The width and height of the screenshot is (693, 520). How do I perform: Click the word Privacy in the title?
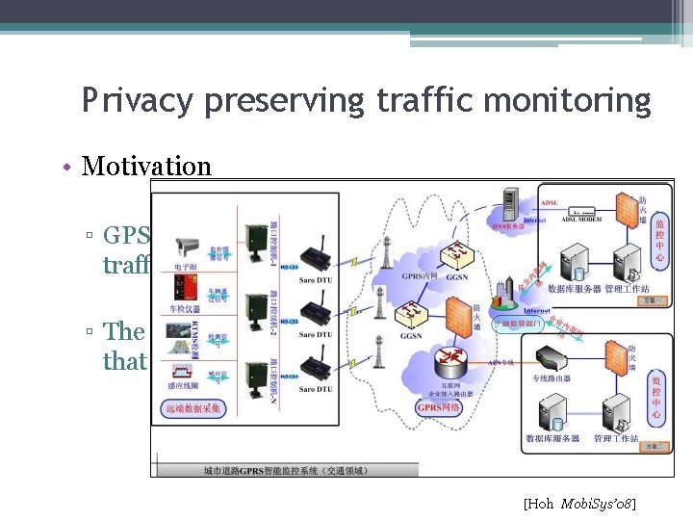(124, 101)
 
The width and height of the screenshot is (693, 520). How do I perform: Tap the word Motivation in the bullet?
(146, 166)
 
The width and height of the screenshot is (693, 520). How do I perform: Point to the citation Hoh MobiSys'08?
(579, 504)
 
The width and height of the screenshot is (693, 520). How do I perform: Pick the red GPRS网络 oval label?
(442, 407)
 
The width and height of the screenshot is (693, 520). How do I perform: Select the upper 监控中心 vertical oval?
(658, 241)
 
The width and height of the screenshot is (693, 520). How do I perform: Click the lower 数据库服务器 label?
(552, 439)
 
